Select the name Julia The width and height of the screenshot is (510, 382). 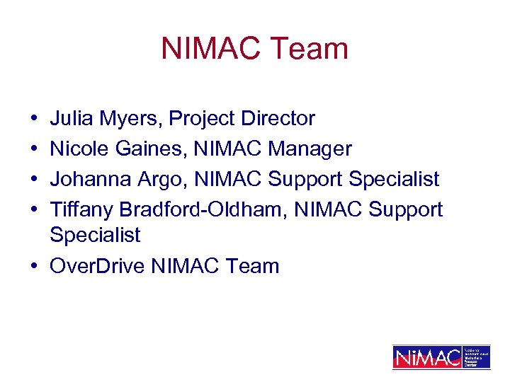tap(73, 118)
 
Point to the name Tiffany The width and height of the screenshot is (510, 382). tap(81, 209)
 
